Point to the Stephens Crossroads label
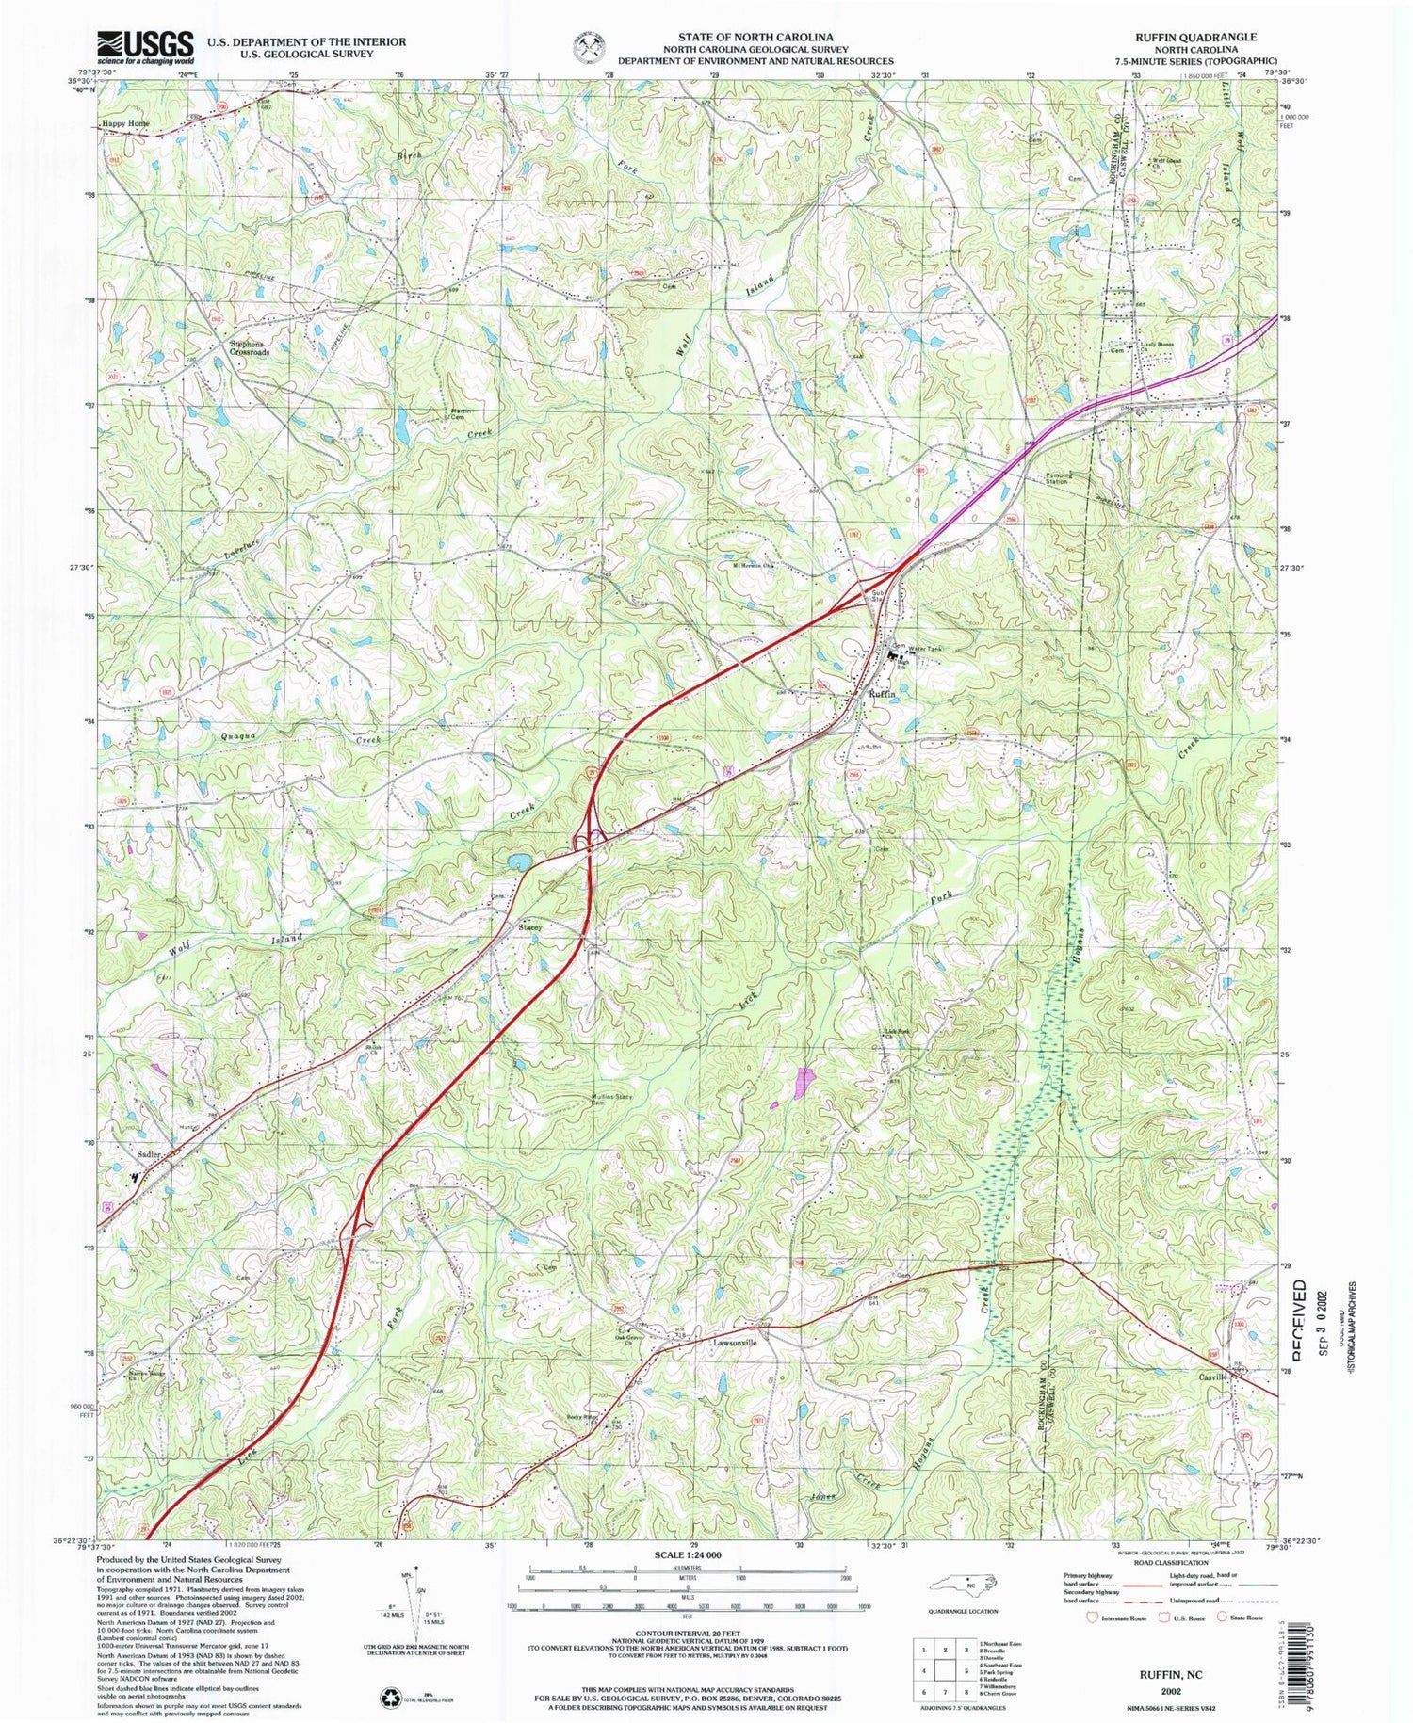tap(250, 348)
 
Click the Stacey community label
tap(530, 927)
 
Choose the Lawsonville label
tap(735, 1343)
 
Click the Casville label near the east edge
tap(1211, 1377)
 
